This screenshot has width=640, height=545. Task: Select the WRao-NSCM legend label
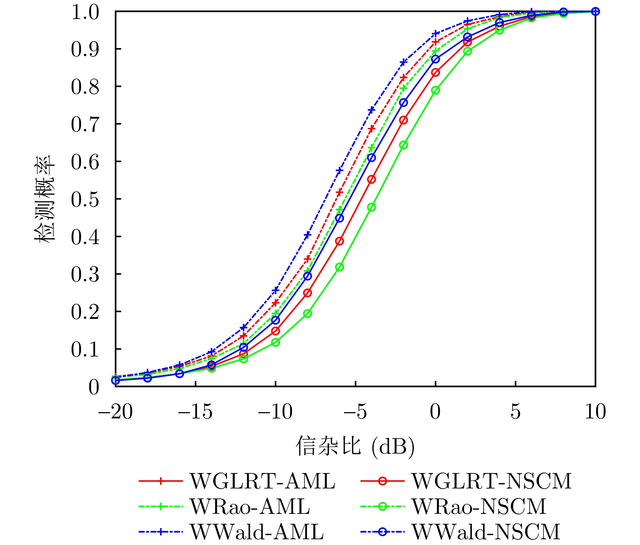pyautogui.click(x=479, y=506)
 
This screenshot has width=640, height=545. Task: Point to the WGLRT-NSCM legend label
pyautogui.click(x=492, y=481)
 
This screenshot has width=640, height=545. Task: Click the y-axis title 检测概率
pyautogui.click(x=44, y=198)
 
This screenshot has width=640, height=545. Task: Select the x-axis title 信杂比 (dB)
pyautogui.click(x=355, y=446)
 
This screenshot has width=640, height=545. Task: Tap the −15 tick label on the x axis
pyautogui.click(x=195, y=412)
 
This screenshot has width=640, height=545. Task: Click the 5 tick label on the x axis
pyautogui.click(x=515, y=412)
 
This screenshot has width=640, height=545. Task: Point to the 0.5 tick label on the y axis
pyautogui.click(x=85, y=199)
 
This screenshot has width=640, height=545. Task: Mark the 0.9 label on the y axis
pyautogui.click(x=85, y=49)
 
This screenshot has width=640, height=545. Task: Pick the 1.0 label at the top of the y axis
pyautogui.click(x=85, y=12)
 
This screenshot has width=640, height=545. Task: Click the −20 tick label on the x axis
pyautogui.click(x=115, y=412)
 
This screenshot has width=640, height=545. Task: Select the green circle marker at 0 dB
pyautogui.click(x=435, y=90)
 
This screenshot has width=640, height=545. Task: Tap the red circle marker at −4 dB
pyautogui.click(x=371, y=179)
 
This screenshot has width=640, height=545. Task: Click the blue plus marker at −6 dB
pyautogui.click(x=339, y=170)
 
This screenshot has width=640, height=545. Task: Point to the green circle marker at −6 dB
pyautogui.click(x=339, y=267)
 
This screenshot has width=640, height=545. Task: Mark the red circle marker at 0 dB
pyautogui.click(x=435, y=72)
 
